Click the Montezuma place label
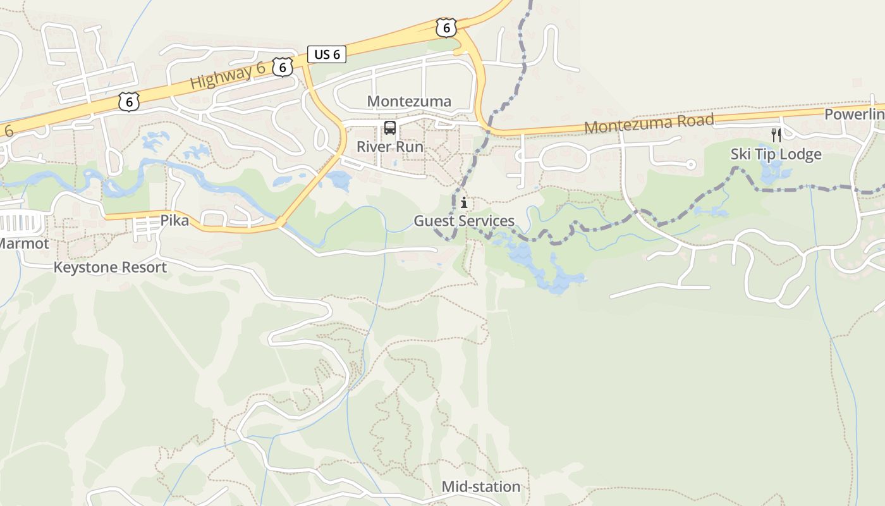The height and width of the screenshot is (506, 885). (409, 101)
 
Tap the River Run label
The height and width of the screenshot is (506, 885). (390, 147)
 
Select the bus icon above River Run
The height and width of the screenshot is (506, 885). (390, 128)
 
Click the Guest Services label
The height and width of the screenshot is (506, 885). (464, 221)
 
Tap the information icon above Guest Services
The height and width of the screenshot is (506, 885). (464, 203)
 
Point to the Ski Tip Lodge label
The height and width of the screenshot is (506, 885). (776, 154)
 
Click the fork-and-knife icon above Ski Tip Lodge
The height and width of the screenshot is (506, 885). (776, 135)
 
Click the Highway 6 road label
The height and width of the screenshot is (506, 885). (227, 77)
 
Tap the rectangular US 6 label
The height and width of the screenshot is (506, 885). (327, 54)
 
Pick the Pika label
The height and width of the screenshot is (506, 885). (174, 221)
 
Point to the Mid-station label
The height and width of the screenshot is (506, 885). (480, 486)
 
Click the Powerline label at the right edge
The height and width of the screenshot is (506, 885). (855, 114)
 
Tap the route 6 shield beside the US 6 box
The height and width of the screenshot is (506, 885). (283, 66)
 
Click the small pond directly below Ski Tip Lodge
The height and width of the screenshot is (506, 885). (772, 172)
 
